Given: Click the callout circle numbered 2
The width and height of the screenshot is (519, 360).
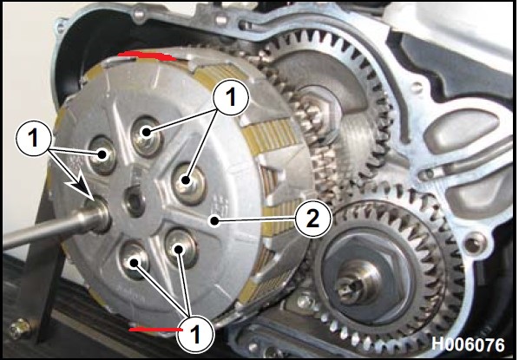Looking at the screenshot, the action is click(x=312, y=219).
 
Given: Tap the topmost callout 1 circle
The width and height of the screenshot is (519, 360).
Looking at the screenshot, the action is click(x=230, y=98).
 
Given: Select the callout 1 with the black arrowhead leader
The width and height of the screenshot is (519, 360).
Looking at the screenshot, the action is click(x=34, y=137).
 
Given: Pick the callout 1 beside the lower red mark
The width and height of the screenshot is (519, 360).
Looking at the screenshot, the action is click(x=195, y=334).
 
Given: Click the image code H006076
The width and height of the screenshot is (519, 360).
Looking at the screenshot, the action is click(x=468, y=344).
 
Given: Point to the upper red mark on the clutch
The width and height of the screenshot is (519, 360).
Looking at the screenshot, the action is click(x=148, y=56).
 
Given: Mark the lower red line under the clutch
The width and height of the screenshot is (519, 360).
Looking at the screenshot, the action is click(x=155, y=330).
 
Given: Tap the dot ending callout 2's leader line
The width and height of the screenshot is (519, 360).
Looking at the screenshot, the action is click(x=215, y=220).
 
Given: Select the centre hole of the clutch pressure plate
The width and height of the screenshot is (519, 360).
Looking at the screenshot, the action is click(x=134, y=201).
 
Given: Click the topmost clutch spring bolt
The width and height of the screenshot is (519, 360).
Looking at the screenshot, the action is click(x=146, y=135).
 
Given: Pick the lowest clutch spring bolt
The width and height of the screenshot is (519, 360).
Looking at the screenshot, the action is click(x=134, y=261).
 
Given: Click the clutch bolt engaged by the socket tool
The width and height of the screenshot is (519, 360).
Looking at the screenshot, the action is click(x=99, y=214).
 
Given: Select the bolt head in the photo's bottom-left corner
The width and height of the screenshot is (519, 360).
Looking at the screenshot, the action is click(x=19, y=328).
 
